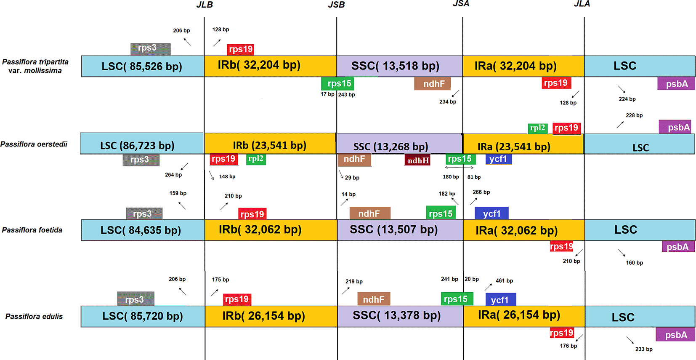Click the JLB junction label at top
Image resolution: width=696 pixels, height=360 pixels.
[205, 5]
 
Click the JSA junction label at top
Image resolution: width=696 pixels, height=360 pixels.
[461, 4]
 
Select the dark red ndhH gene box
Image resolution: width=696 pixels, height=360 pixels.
[417, 160]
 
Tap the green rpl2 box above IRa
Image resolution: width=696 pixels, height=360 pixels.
[537, 128]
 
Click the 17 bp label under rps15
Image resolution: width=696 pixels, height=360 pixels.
[327, 94]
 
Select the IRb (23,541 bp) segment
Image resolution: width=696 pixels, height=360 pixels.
[270, 145]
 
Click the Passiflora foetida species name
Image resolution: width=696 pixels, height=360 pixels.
[32, 230]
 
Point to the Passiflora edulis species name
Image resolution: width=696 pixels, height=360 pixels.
[34, 316]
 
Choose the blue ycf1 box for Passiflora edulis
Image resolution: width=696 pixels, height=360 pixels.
[500, 300]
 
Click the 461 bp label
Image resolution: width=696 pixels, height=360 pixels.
[504, 280]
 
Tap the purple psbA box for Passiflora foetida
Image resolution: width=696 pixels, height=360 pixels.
[677, 247]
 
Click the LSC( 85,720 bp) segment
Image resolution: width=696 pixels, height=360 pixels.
[142, 316]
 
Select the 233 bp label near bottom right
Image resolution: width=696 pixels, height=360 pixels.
[644, 349]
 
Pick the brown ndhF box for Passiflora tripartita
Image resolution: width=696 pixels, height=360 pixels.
[433, 83]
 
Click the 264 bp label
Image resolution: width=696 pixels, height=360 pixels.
[173, 175]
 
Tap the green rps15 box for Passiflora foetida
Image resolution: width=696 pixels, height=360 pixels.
[441, 213]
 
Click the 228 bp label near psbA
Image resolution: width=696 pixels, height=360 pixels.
[634, 115]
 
